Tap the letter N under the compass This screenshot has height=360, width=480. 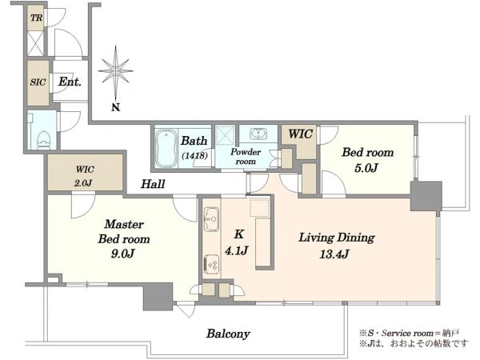tap(115, 107)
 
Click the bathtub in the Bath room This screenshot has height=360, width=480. tap(166, 149)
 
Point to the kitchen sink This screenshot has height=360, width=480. tap(211, 219)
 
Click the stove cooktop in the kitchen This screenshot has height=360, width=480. tap(211, 263)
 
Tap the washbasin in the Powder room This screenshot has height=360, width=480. tap(258, 134)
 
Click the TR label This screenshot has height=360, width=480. tap(37, 18)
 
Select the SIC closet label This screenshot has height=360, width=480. tap(38, 82)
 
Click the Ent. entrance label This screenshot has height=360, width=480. tap(70, 82)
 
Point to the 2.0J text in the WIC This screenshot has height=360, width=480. tap(83, 183)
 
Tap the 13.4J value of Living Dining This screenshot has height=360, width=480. tap(334, 254)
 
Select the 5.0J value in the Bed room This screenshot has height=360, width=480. tap(366, 168)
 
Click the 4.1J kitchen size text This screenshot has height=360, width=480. tap(236, 251)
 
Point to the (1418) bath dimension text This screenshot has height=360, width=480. tap(194, 156)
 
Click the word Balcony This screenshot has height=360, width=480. tap(228, 334)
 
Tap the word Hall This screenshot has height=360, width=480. tap(153, 184)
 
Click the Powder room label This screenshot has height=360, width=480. tap(246, 157)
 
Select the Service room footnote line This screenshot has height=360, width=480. tap(409, 333)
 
